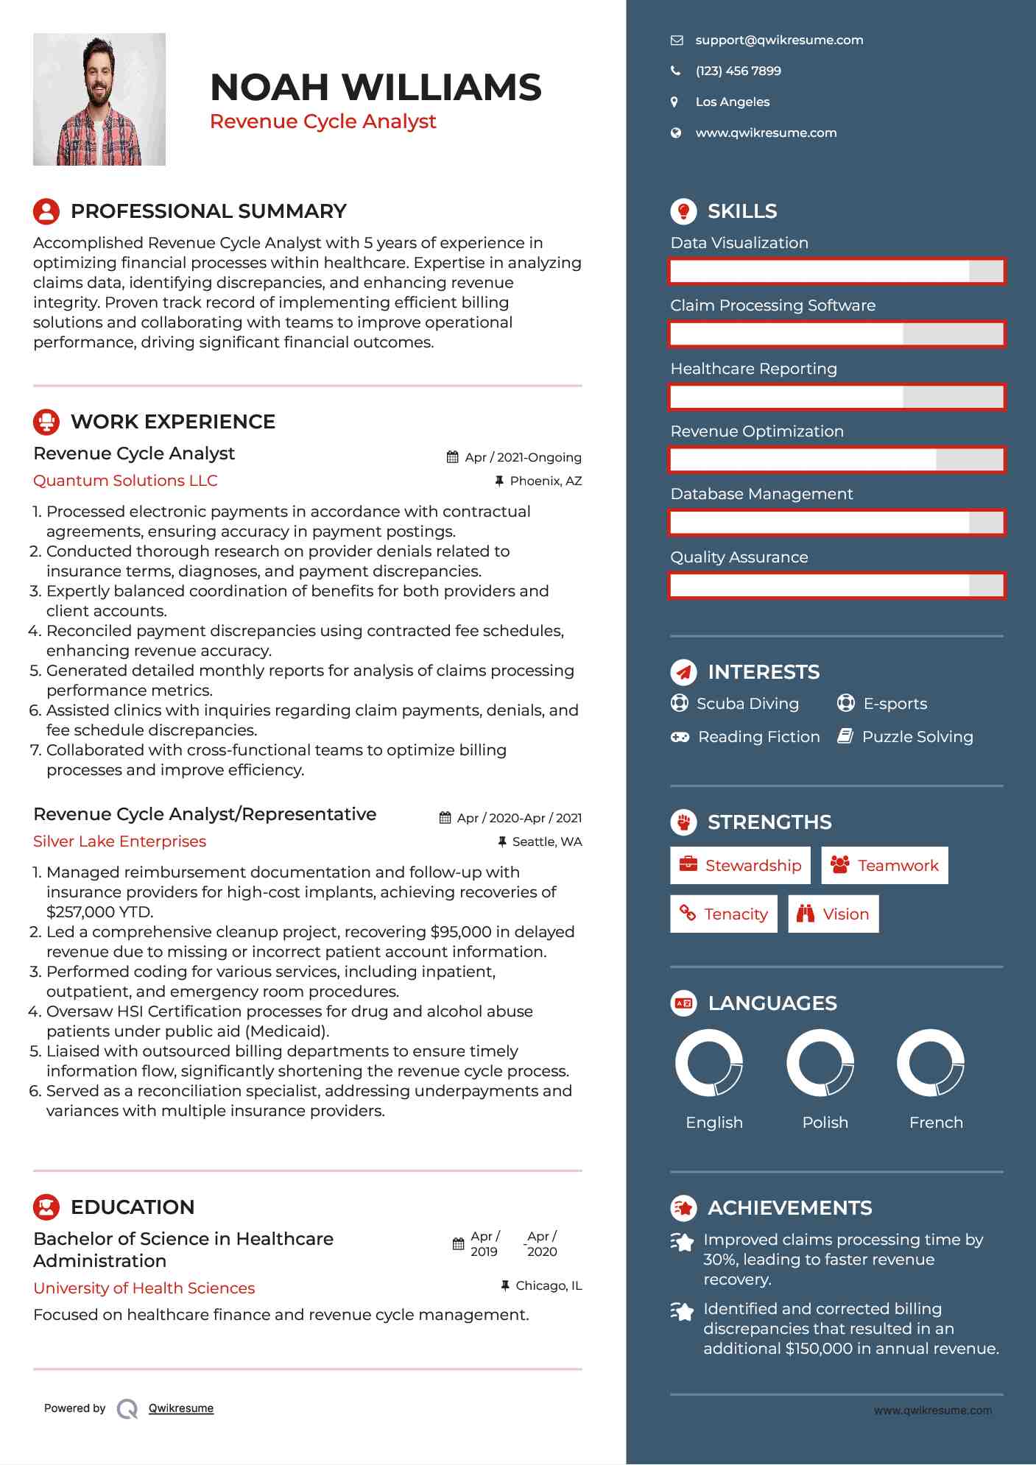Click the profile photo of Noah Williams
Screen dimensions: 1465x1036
click(x=99, y=99)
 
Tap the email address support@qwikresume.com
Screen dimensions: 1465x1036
click(x=779, y=40)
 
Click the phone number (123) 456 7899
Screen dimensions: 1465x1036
click(x=738, y=71)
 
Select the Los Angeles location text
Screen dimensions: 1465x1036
click(x=732, y=102)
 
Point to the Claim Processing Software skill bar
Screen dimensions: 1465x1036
click(x=836, y=334)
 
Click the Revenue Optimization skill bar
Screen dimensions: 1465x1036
click(x=836, y=460)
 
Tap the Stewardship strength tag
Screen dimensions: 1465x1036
click(x=740, y=865)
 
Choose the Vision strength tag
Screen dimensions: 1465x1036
click(x=833, y=914)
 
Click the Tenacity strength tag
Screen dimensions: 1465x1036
click(x=723, y=914)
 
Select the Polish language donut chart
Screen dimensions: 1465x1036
click(x=820, y=1062)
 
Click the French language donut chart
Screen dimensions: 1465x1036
click(x=931, y=1062)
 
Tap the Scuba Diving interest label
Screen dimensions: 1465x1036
click(x=747, y=704)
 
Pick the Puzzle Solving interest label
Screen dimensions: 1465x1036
click(x=917, y=737)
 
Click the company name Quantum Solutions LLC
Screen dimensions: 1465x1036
click(x=125, y=481)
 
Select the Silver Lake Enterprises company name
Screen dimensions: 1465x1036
click(x=119, y=841)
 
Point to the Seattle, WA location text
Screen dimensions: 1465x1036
click(x=546, y=841)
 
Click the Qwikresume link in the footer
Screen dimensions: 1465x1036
click(x=181, y=1408)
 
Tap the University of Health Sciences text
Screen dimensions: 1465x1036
click(x=144, y=1288)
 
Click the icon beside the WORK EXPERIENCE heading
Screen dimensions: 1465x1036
click(x=46, y=422)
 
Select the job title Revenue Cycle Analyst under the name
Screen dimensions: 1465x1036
click(x=323, y=121)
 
